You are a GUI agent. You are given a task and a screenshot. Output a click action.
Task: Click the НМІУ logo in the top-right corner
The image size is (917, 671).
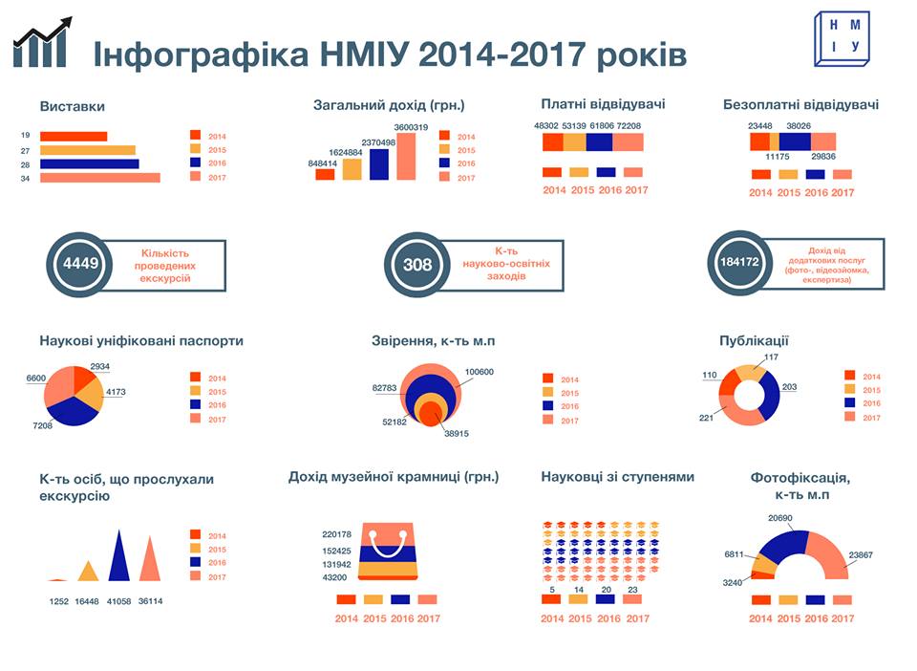[x=842, y=39]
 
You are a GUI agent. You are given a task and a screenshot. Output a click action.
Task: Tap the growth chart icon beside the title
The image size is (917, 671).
[x=43, y=43]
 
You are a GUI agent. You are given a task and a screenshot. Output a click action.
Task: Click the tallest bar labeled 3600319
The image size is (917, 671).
[x=406, y=156]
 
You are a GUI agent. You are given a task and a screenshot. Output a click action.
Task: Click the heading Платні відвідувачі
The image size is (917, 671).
[x=602, y=104]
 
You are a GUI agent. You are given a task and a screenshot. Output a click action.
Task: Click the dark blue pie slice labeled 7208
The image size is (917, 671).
[x=66, y=409]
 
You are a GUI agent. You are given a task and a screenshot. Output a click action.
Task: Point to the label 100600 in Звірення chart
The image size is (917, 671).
[x=480, y=372]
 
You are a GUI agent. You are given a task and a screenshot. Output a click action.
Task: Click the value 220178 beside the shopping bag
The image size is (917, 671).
[x=336, y=534]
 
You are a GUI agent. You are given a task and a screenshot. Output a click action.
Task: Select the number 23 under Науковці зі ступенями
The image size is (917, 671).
[x=632, y=590]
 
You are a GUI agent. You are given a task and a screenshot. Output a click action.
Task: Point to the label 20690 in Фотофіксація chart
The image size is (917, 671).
[x=780, y=518]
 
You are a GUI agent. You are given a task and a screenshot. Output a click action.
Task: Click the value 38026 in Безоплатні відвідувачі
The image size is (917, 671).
[x=800, y=125]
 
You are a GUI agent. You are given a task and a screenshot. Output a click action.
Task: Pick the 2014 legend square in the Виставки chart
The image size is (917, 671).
[x=195, y=136]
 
